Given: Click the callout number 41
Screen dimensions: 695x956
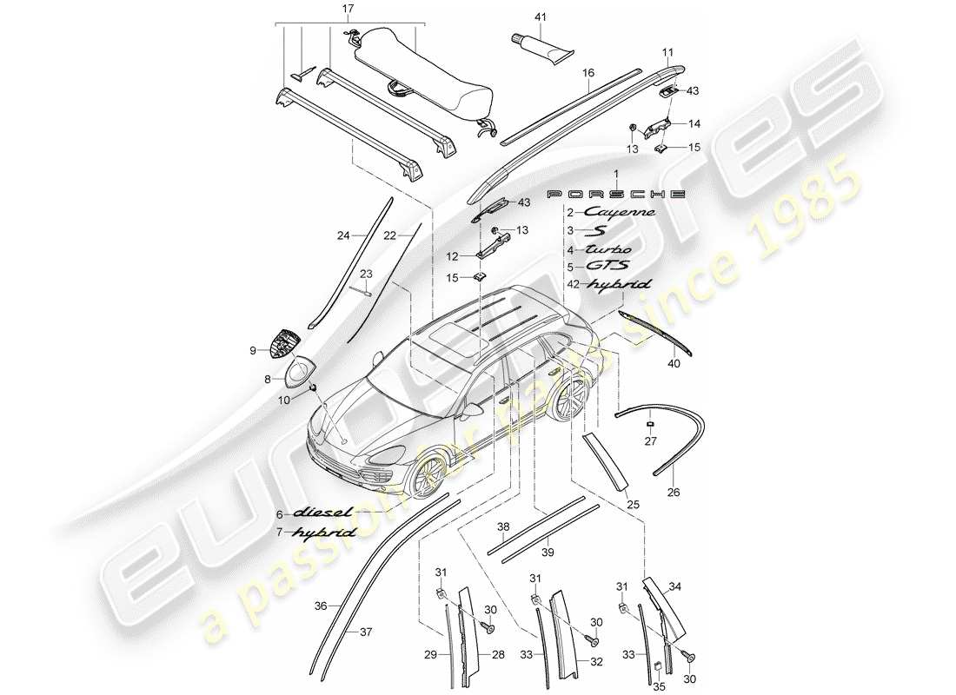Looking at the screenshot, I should [x=540, y=17].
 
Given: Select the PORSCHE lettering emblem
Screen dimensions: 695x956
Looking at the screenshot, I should [x=615, y=193].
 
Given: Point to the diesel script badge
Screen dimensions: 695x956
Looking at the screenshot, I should [x=323, y=513].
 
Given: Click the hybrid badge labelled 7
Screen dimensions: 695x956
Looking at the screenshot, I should [x=323, y=532].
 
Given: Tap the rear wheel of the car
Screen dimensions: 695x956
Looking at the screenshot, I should [x=571, y=402].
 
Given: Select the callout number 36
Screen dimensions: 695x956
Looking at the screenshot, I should [x=320, y=606].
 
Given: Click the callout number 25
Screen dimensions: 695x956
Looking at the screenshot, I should [x=630, y=503].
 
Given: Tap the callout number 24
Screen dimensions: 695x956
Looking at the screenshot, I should [x=342, y=235].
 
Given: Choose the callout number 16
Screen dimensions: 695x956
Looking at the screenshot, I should [x=588, y=74].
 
